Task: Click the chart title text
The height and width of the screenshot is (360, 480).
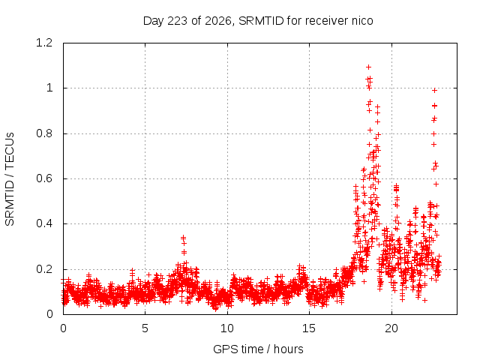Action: pos(258,21)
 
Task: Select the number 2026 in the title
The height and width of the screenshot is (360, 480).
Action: pos(218,21)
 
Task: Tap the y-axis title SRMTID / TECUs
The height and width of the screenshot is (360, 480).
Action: pos(10,178)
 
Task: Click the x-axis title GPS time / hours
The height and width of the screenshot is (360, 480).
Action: pos(258,349)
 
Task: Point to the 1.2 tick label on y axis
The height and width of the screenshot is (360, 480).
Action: pos(44,43)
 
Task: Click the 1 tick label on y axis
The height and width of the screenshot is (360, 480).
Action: pos(49,88)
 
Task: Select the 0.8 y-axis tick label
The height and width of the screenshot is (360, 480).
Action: pos(44,133)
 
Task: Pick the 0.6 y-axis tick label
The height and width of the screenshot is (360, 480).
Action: pos(44,178)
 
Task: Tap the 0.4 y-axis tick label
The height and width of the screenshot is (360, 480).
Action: pos(44,223)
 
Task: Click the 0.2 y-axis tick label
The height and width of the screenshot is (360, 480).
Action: pos(44,269)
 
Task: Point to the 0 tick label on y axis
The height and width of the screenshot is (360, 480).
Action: pos(49,314)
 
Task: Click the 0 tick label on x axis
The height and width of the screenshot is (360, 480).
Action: pos(63,328)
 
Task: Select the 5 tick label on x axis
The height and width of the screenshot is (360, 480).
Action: pos(145,328)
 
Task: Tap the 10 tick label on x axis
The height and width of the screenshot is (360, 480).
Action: pos(227,328)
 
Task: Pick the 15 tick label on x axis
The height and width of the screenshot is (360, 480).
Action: pos(309,328)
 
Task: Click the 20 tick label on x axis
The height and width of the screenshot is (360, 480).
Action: pos(391,328)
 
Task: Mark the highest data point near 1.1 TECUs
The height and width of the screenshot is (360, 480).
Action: pos(368,67)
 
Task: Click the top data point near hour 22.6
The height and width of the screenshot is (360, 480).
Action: pos(434,90)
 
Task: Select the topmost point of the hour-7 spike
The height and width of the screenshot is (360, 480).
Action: pos(183,237)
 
